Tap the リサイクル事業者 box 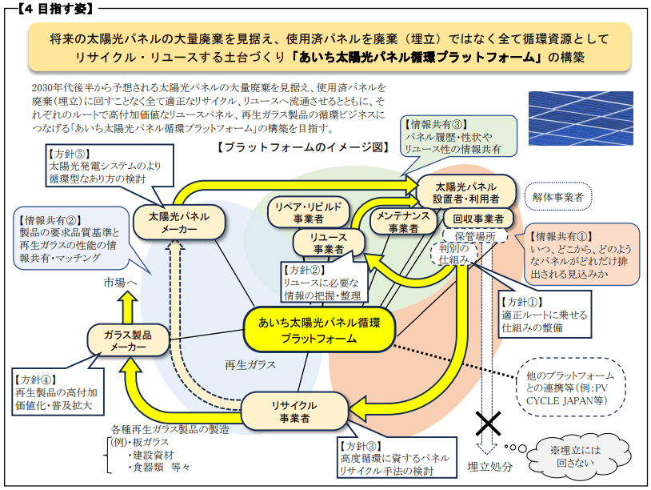click(x=289, y=410)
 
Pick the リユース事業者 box click(x=324, y=243)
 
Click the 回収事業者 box click(x=477, y=219)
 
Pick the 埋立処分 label click(x=489, y=467)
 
